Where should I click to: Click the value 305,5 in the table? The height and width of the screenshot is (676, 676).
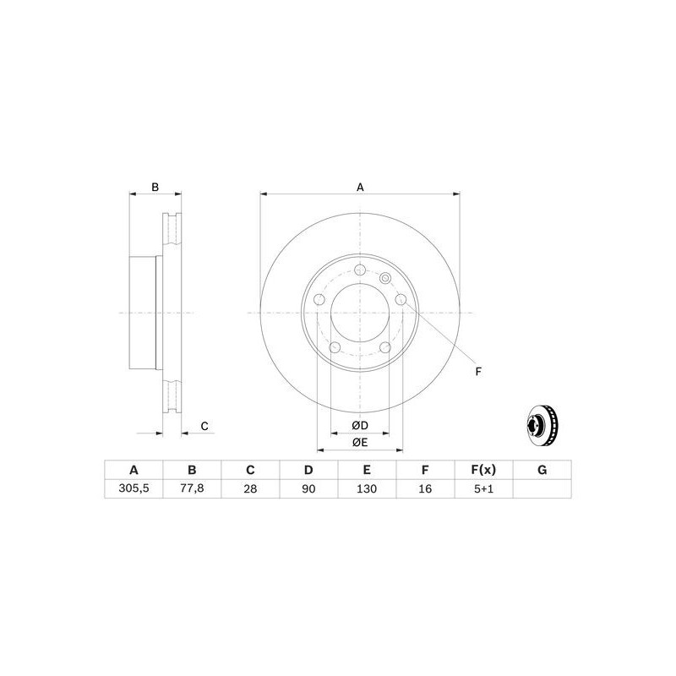click(x=133, y=488)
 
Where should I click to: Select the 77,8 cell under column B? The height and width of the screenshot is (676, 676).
click(x=192, y=488)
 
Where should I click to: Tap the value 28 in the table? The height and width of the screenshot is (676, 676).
click(x=250, y=488)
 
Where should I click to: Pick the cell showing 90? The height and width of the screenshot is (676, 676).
click(x=308, y=488)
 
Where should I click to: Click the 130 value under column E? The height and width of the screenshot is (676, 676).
click(x=367, y=488)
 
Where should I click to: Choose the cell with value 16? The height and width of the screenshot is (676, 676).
click(x=425, y=488)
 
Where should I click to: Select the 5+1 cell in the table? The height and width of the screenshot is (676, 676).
click(x=484, y=488)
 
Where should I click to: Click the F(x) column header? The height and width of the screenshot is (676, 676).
click(x=484, y=470)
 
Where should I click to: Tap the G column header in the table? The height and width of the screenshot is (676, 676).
click(x=542, y=470)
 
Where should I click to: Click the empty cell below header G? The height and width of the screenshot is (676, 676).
click(x=542, y=488)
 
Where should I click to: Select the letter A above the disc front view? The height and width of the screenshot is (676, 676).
click(x=360, y=187)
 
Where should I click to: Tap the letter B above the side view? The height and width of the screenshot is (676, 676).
click(x=155, y=187)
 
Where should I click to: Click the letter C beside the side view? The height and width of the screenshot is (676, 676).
click(x=204, y=426)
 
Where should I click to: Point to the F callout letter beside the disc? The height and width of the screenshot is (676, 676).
click(x=478, y=371)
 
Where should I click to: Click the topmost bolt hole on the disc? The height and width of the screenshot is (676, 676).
click(x=360, y=270)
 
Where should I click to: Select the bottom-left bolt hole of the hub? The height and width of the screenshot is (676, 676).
click(x=335, y=347)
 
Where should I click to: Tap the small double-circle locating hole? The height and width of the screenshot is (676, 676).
click(x=386, y=279)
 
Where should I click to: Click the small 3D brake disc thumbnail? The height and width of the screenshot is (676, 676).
click(x=542, y=426)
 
